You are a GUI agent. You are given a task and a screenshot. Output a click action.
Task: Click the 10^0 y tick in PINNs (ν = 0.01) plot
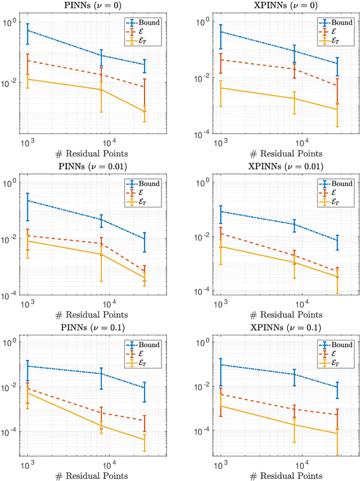(11, 183)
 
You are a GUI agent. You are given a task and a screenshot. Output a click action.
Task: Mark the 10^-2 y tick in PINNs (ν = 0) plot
(11, 83)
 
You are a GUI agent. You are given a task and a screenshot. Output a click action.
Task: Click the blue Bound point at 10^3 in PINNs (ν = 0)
(27, 30)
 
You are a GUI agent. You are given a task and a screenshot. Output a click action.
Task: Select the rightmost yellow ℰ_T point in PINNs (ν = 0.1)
(145, 439)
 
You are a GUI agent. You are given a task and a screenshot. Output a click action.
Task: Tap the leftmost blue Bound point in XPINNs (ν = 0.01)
(220, 212)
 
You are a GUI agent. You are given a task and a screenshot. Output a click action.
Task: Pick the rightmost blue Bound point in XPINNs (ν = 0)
(337, 64)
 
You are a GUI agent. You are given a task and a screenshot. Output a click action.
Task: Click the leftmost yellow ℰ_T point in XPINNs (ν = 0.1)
(220, 406)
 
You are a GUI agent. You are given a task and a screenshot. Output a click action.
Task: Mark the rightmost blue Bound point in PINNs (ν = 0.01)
(145, 239)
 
